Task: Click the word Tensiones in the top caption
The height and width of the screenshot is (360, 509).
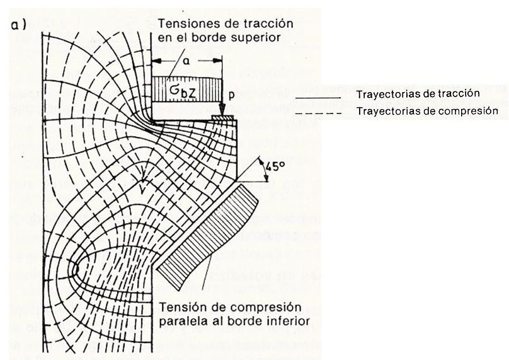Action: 183,24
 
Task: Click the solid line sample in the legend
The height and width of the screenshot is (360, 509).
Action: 317,98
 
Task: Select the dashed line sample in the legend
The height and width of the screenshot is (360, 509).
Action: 317,113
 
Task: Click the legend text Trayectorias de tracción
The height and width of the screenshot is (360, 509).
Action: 418,94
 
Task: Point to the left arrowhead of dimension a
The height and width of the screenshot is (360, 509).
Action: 155,60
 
